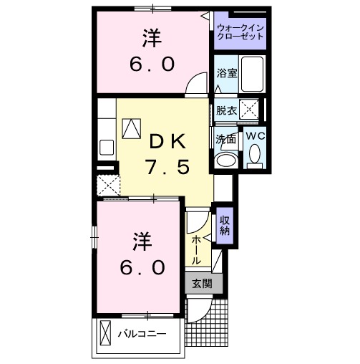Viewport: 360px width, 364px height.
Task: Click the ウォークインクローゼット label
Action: [240, 32]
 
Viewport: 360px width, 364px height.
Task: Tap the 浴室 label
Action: [226, 72]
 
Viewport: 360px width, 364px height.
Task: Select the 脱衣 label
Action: [226, 110]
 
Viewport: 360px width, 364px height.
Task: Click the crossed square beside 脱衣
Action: [250, 110]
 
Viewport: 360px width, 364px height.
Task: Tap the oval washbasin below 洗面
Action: [226, 160]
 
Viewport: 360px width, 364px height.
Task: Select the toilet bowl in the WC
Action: [255, 153]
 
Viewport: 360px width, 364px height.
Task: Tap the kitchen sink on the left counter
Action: [107, 148]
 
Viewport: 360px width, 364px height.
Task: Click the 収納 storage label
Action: [224, 226]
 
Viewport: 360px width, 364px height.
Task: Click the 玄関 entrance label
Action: [201, 283]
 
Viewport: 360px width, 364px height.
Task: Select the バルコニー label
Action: [142, 334]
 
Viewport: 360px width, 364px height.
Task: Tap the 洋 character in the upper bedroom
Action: [151, 36]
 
